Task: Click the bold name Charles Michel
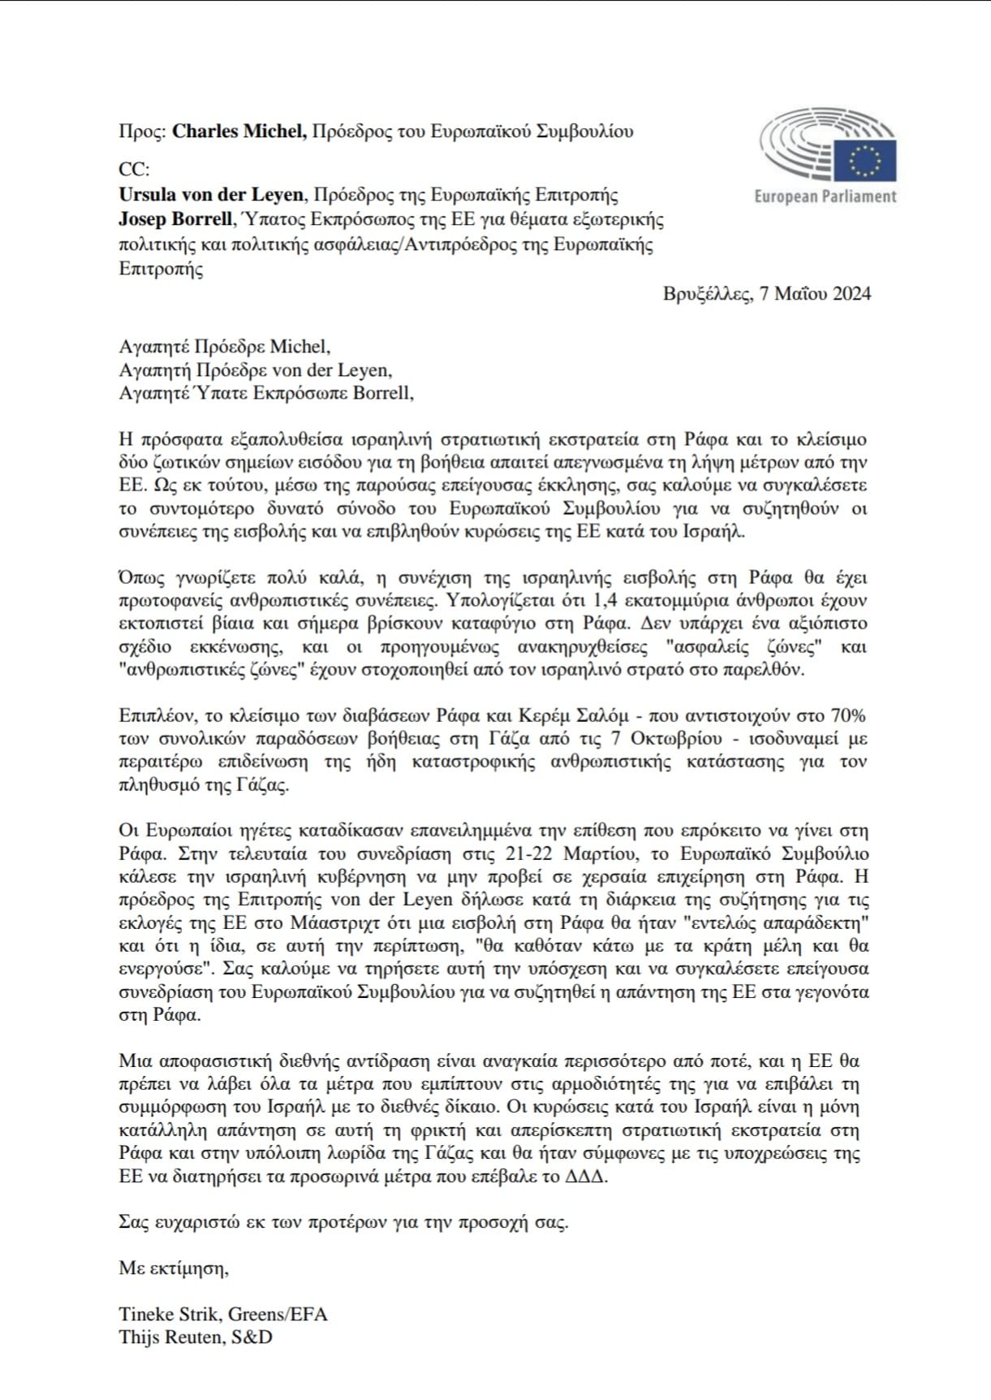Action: click(239, 132)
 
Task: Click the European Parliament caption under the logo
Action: click(825, 197)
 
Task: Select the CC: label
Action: click(134, 170)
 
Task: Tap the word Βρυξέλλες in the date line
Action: click(706, 294)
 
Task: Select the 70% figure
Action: click(847, 715)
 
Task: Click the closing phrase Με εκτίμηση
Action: click(174, 1268)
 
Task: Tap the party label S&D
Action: click(252, 1337)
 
